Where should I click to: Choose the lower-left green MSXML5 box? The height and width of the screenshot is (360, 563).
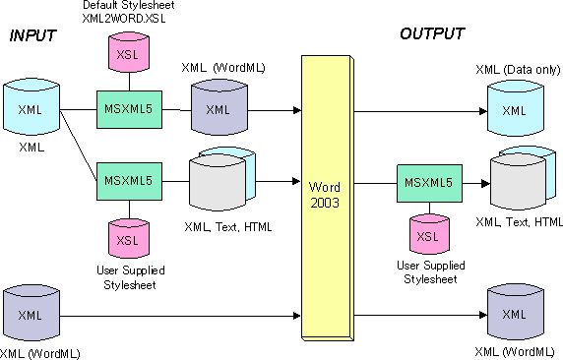pos(128,179)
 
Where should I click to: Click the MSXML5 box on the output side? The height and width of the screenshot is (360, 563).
pos(426,181)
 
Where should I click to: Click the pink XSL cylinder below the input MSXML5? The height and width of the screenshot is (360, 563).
pos(128,236)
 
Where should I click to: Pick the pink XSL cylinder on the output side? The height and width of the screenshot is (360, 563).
pos(426,234)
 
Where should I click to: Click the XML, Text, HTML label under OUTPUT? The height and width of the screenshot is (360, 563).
pos(519,222)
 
